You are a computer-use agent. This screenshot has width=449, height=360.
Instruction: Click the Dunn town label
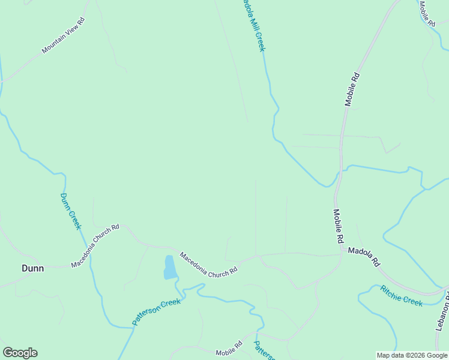pyautogui.click(x=32, y=268)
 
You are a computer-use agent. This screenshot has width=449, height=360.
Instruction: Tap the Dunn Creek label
pyautogui.click(x=70, y=211)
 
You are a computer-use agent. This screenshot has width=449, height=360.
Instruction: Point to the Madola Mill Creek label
pyautogui.click(x=253, y=26)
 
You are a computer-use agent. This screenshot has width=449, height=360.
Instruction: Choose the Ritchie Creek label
pyautogui.click(x=401, y=295)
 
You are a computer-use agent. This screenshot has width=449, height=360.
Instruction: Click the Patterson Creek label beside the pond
pyautogui.click(x=156, y=311)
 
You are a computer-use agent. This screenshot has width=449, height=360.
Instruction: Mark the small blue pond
pyautogui.click(x=170, y=267)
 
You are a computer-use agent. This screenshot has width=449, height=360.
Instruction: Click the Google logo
pyautogui.click(x=20, y=352)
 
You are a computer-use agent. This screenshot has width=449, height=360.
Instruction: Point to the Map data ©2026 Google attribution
pyautogui.click(x=412, y=355)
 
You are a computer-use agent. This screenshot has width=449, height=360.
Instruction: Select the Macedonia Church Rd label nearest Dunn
pyautogui.click(x=95, y=246)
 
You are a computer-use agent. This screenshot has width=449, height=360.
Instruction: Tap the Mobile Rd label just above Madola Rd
pyautogui.click(x=339, y=226)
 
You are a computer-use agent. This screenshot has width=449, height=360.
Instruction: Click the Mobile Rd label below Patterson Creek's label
pyautogui.click(x=229, y=348)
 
